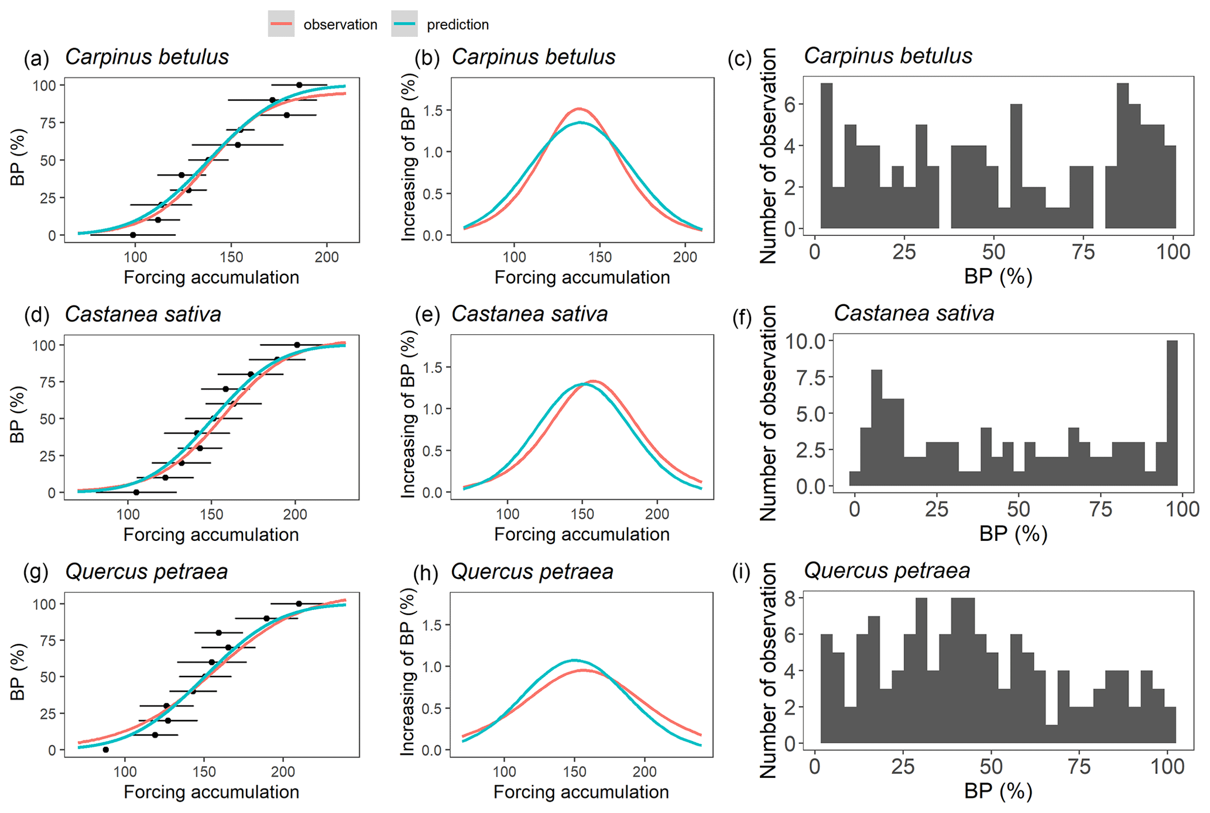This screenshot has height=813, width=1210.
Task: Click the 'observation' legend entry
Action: click(x=340, y=25)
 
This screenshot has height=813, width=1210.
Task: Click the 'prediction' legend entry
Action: click(x=457, y=25)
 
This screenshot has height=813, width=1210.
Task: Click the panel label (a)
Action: click(x=36, y=58)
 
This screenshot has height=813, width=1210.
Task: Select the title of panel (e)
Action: click(x=529, y=314)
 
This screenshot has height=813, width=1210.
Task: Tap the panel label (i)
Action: click(x=741, y=572)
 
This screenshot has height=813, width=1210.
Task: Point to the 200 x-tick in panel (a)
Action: click(x=327, y=257)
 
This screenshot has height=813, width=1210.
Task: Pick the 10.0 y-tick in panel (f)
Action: click(x=804, y=341)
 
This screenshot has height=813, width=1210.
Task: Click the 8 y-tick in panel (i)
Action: click(x=790, y=598)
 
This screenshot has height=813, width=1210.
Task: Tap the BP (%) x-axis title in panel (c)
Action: click(x=998, y=276)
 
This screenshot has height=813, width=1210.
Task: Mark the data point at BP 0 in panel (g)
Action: click(x=105, y=750)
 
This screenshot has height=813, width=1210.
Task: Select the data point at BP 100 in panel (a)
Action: click(x=299, y=85)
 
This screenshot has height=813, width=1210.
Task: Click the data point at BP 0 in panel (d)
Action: click(x=136, y=492)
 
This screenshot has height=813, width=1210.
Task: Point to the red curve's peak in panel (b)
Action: click(x=578, y=109)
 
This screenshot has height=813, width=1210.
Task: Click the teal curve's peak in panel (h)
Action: click(x=574, y=660)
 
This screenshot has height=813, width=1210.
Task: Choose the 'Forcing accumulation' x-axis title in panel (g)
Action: click(x=211, y=792)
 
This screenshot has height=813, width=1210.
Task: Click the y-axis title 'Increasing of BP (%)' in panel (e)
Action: click(x=408, y=414)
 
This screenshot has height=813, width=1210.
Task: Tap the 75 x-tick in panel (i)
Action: click(x=1079, y=767)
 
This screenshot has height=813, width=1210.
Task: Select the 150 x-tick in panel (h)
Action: click(x=574, y=771)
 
